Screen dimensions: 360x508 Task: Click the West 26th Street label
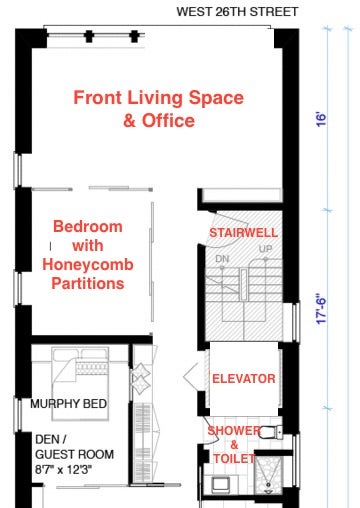coord(237,12)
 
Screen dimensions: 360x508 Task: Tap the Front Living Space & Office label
coord(159,109)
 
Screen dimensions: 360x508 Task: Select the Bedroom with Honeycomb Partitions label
coord(88,255)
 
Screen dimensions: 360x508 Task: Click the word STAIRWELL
coord(243,233)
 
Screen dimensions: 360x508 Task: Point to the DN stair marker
coord(222,259)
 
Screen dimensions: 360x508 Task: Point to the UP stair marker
coord(265,249)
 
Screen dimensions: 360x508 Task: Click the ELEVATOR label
coord(244,379)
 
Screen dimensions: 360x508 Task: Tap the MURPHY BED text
coord(68,404)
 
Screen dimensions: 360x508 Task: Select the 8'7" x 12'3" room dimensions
coord(63,470)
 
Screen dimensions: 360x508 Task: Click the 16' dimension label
coord(321,120)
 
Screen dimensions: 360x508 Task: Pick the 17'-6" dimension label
coord(321,309)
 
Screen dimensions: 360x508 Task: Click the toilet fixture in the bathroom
coord(271,432)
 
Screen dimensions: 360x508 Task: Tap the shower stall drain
coord(268,484)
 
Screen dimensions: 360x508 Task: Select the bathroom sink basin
coord(220,484)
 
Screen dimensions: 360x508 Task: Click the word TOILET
coord(234,459)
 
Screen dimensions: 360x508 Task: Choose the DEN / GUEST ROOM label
coord(74,447)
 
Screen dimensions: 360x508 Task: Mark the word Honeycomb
coord(88,265)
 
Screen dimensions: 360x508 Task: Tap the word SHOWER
coord(233,431)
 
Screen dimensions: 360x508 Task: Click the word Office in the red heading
coord(168,120)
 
